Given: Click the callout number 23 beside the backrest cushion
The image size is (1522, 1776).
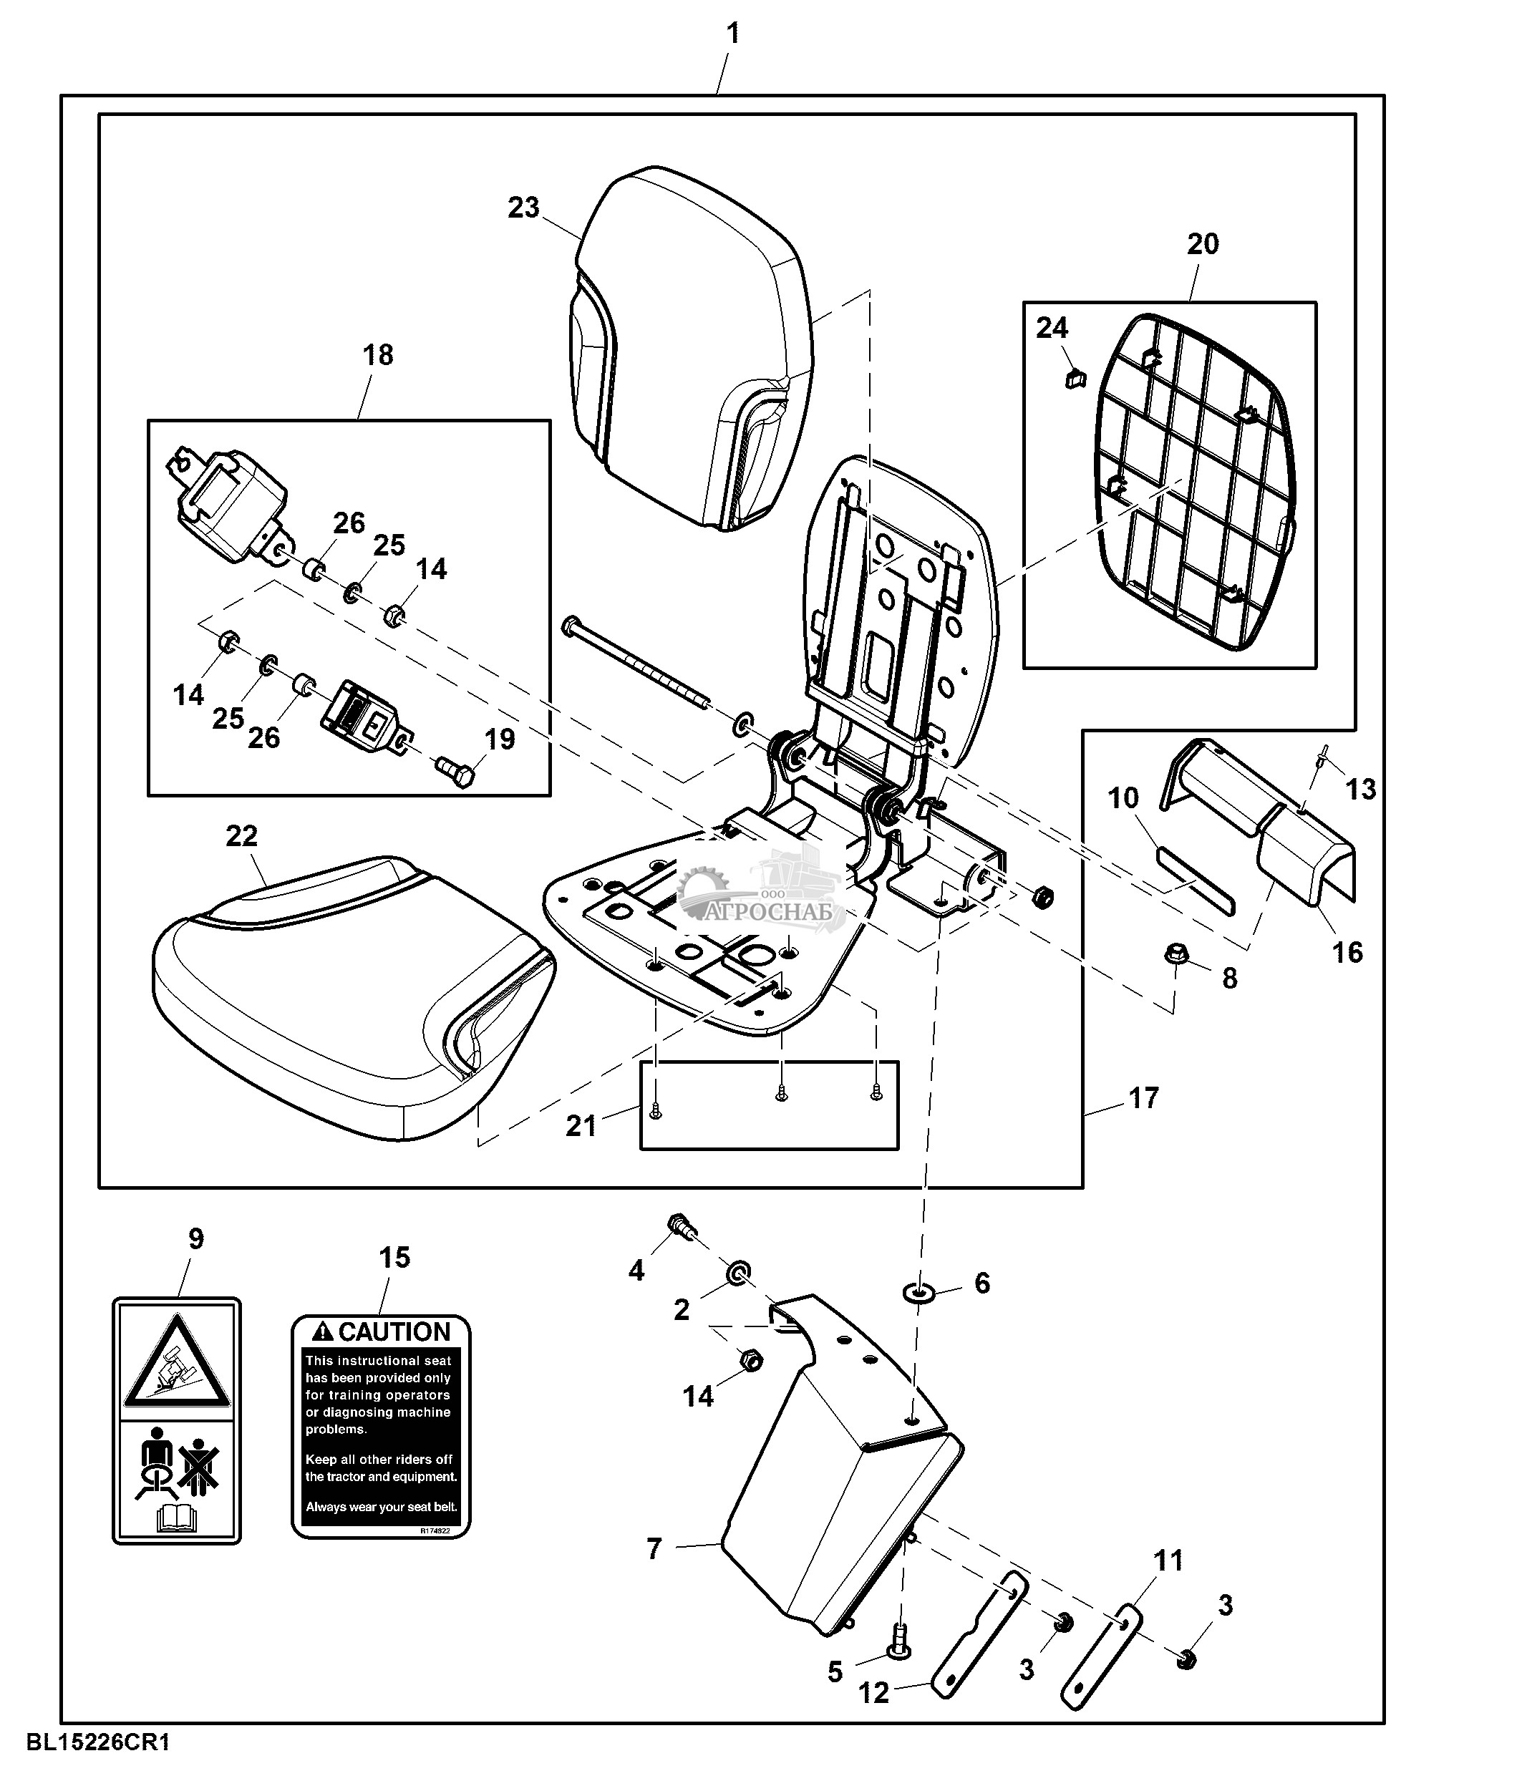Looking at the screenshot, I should tap(523, 208).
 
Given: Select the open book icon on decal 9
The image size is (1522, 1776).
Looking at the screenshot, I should tap(177, 1520).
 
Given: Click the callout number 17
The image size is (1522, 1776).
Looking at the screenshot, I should tap(1143, 1098).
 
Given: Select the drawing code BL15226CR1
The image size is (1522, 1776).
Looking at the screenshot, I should tap(99, 1742).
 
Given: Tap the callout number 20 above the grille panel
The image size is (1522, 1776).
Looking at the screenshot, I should tap(1202, 245).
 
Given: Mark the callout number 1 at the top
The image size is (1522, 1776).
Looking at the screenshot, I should tap(732, 34).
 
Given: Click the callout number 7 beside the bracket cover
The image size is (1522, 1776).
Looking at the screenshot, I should tap(654, 1549).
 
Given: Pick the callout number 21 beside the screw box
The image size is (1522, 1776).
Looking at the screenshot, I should tap(581, 1125).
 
